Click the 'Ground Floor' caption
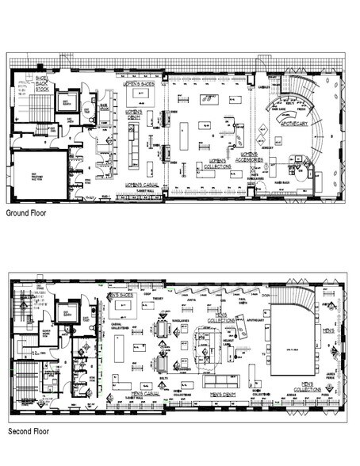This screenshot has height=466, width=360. [x=28, y=213]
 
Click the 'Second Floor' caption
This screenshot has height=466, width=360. [x=29, y=432]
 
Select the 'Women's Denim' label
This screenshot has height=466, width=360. [x=136, y=114]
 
